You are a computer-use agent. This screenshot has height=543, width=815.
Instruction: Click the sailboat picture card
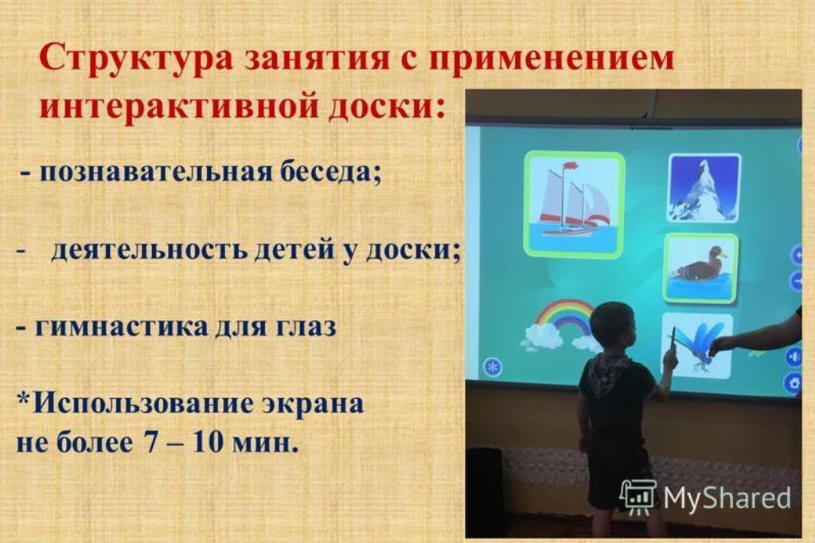coord(574,204)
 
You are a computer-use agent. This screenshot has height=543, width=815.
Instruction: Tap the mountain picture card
coord(704,188)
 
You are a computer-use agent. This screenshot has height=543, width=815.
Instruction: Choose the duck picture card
coord(701,268)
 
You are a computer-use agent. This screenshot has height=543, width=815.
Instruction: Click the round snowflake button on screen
coord(492,368)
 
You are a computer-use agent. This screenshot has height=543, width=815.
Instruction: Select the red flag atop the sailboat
coord(571,166)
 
